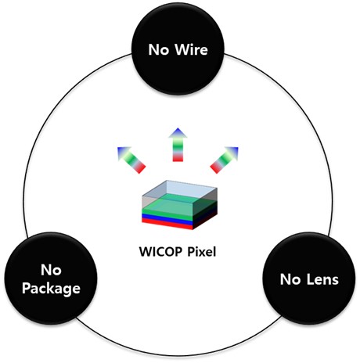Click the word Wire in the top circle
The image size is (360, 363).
(x=191, y=49)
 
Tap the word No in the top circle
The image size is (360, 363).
(x=158, y=49)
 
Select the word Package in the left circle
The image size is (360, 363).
(x=51, y=289)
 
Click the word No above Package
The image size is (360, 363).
(x=51, y=270)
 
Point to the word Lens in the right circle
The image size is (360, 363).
(x=322, y=279)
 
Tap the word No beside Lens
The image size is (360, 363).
(x=290, y=279)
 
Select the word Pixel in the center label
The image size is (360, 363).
(x=202, y=252)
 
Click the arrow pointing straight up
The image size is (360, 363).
(x=178, y=145)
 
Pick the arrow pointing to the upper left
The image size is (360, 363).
(x=131, y=160)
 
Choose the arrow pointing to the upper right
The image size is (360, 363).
(x=225, y=160)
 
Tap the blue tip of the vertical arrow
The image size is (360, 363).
(x=178, y=132)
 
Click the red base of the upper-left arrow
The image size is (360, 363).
(x=140, y=168)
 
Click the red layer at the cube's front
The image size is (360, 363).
(x=167, y=224)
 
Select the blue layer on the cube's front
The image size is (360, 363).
(x=167, y=220)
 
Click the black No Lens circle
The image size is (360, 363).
(x=309, y=279)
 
